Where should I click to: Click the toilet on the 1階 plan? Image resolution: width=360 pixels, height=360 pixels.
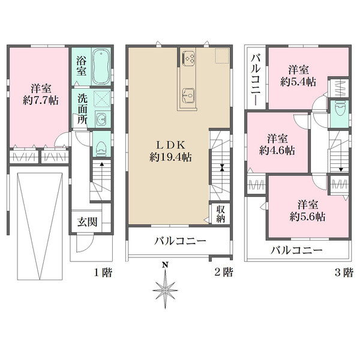[x=101, y=146]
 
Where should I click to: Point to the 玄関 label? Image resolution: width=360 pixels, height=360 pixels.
[x=83, y=221]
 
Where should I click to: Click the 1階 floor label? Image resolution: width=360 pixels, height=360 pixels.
[x=102, y=272]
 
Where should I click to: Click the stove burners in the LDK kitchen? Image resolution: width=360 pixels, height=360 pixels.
[x=189, y=58]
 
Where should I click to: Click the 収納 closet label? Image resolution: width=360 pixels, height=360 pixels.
[x=221, y=214]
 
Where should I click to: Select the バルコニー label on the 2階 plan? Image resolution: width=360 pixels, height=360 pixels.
[x=179, y=241]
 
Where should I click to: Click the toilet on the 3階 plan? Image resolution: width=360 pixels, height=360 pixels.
[x=340, y=110]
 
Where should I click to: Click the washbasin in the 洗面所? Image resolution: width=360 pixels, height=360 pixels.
[x=101, y=118]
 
